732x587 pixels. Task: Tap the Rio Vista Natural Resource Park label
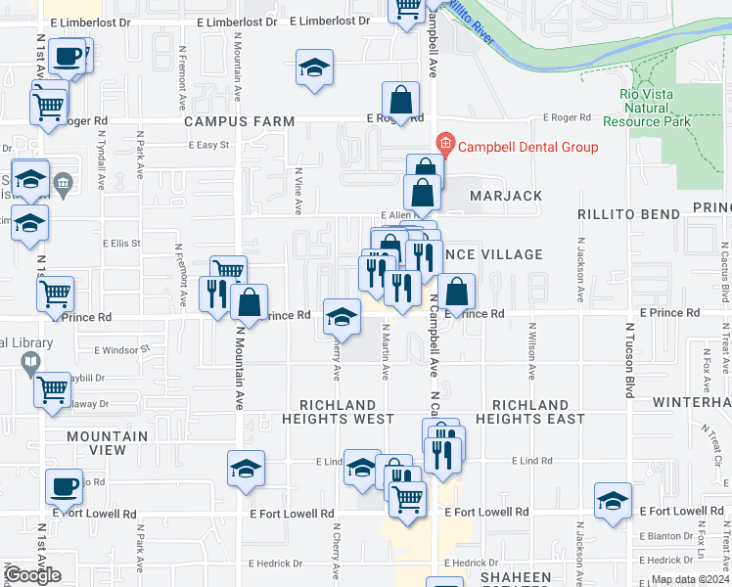pos(652,108)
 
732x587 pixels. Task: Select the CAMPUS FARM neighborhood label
pos(240,121)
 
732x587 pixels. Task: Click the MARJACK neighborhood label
pos(505,196)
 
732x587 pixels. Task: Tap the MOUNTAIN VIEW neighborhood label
pos(108,443)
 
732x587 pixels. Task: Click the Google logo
pos(32,575)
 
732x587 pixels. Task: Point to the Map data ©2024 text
pos(690,579)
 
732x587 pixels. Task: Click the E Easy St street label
pos(208,145)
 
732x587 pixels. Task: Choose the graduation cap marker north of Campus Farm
pos(314,68)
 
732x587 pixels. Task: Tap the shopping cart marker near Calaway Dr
pos(52,390)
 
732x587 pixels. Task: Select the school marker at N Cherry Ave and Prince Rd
pos(341,316)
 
